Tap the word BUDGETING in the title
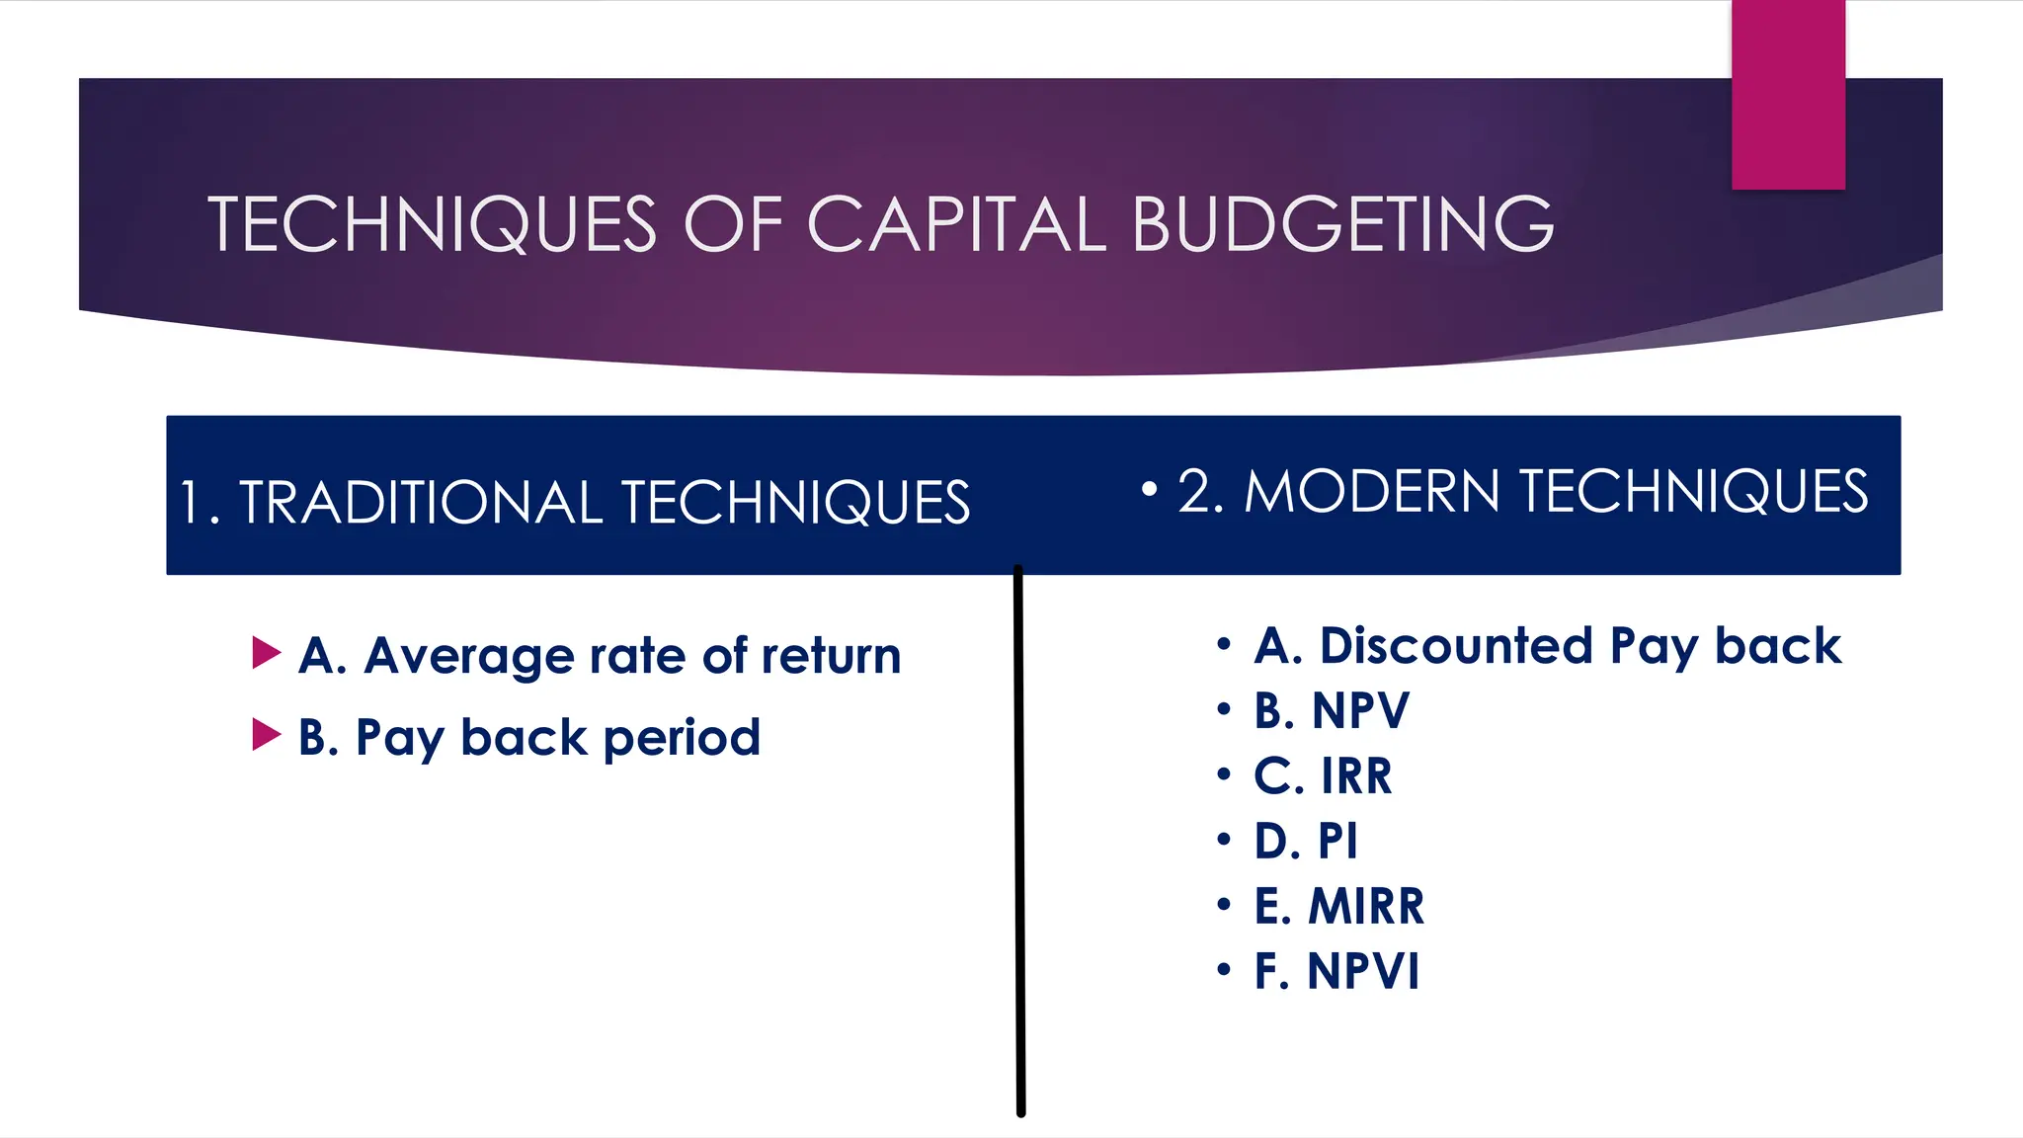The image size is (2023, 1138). (1342, 224)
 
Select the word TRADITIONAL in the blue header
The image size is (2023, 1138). (421, 502)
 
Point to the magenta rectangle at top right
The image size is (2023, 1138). (1788, 94)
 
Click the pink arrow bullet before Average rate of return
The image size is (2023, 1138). (266, 653)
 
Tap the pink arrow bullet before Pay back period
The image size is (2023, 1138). (266, 735)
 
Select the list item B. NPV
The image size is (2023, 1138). (1331, 710)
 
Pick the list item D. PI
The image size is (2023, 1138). (1305, 841)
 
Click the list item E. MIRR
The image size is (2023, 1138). (1338, 906)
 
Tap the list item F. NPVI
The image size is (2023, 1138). (1335, 971)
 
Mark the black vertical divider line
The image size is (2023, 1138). (1019, 840)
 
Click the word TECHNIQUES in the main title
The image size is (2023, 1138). (432, 224)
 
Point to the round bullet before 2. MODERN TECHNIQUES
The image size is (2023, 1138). (1149, 488)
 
